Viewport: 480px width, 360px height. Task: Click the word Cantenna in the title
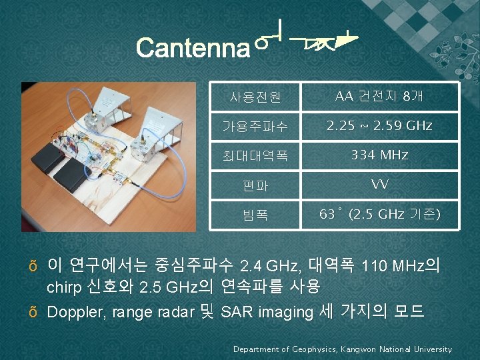coord(192,48)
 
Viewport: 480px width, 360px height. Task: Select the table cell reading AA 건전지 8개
coord(379,97)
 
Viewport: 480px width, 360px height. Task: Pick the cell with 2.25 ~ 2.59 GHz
coord(379,125)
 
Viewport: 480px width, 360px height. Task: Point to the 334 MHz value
coord(379,155)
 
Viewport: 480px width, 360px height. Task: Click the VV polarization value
coord(379,185)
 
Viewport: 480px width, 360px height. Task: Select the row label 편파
coord(255,185)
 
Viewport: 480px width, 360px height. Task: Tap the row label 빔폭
coord(255,215)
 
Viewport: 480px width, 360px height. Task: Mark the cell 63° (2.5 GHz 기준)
coord(379,215)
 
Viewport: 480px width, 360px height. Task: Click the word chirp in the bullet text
coord(65,287)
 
